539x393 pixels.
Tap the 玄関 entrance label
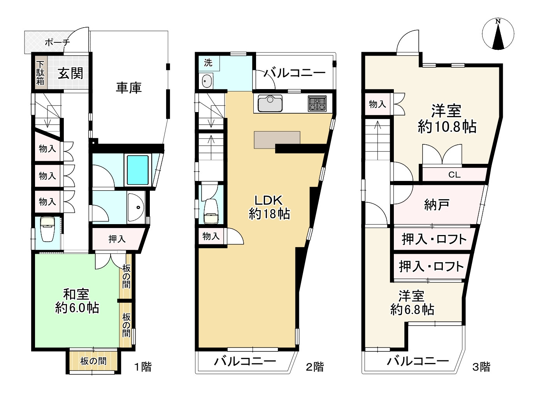[70, 73]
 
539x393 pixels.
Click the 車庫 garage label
[129, 88]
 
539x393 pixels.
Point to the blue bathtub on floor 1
[138, 170]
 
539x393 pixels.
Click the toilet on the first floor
[48, 230]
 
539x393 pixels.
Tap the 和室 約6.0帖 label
[77, 301]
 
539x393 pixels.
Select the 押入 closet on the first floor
[117, 239]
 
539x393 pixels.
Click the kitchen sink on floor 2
[270, 104]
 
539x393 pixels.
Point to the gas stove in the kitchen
[317, 104]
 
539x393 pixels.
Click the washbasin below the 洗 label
[207, 81]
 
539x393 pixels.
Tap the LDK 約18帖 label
[269, 207]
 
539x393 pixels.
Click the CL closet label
[454, 175]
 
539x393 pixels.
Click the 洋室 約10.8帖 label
[447, 119]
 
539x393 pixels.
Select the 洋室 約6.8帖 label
[412, 303]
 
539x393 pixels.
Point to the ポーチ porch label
[57, 42]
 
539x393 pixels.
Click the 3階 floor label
[481, 367]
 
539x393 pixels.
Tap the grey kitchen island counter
[277, 140]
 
